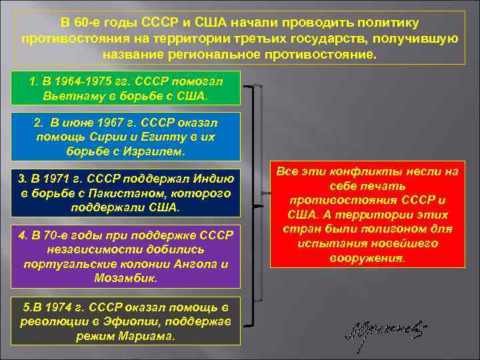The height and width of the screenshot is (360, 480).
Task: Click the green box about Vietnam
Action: tap(127, 89)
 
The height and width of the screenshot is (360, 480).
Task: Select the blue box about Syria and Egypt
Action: tap(127, 137)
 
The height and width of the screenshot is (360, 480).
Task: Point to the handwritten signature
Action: tap(383, 331)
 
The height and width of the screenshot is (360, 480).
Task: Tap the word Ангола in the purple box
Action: tap(203, 263)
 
